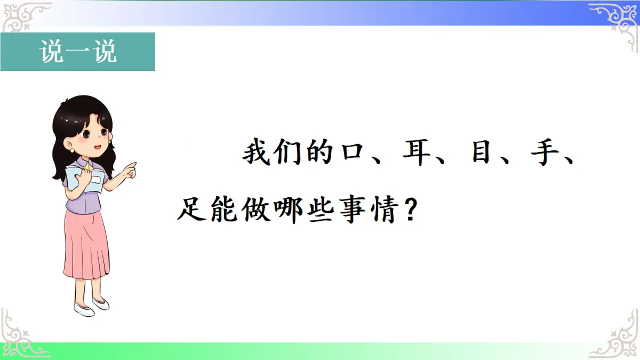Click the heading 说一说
coord(78,52)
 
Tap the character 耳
coord(416,154)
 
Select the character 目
coord(478,154)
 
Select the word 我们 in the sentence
coord(274,154)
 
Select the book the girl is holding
coord(88,179)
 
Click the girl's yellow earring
coord(72,150)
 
